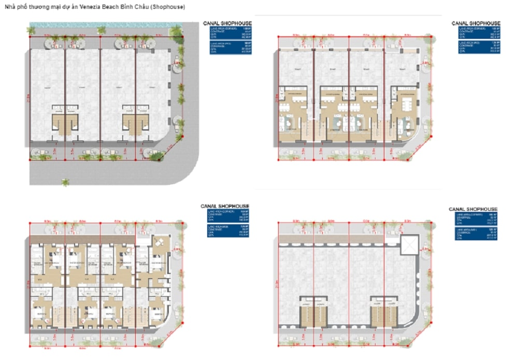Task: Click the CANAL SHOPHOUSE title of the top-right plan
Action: point(476,23)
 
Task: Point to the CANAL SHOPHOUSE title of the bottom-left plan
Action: point(225,206)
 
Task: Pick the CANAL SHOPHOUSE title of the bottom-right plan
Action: point(473,209)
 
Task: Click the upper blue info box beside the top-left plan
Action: point(231,33)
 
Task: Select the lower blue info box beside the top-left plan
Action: point(231,48)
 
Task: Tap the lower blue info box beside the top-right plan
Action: point(479,47)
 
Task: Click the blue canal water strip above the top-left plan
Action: point(104,24)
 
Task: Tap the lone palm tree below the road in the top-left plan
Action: point(65,182)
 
